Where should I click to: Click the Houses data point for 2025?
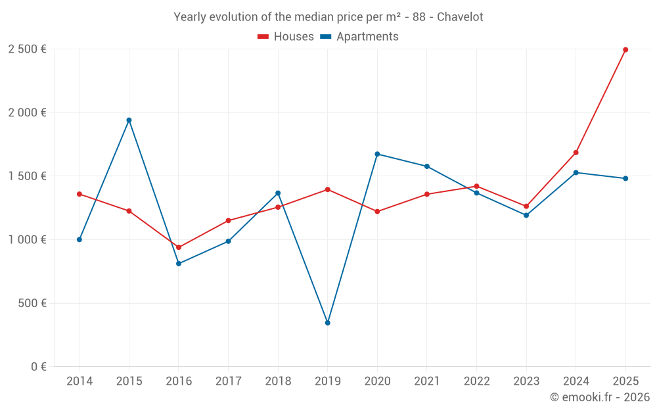click(x=625, y=49)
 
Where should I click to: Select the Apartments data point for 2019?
click(x=327, y=323)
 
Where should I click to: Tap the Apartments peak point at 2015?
click(x=129, y=120)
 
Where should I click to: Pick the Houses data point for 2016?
click(x=179, y=247)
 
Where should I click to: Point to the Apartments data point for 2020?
click(x=377, y=154)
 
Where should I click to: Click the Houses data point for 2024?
click(x=576, y=153)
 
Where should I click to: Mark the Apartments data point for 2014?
click(x=79, y=239)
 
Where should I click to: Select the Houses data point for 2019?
click(x=327, y=189)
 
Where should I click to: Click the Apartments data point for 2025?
click(x=625, y=178)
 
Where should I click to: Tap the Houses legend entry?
click(x=286, y=37)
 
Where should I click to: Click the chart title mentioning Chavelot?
click(x=328, y=17)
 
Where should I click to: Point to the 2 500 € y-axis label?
click(x=27, y=49)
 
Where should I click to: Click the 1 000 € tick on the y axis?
click(x=27, y=239)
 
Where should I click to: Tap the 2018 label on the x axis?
click(x=278, y=381)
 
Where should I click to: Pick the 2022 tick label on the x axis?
click(x=476, y=381)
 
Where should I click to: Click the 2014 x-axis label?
click(x=79, y=381)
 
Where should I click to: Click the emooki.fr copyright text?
click(x=599, y=397)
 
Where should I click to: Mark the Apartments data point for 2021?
click(x=427, y=166)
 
